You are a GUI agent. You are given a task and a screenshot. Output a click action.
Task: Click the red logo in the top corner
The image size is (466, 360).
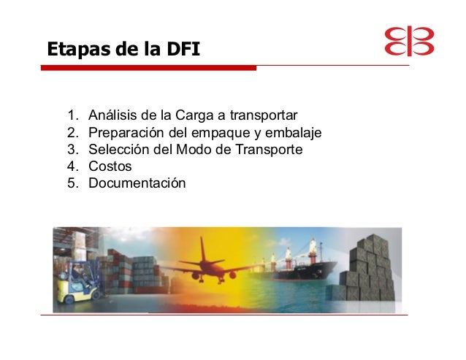409,41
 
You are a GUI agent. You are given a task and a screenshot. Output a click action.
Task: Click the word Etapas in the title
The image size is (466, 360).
80,50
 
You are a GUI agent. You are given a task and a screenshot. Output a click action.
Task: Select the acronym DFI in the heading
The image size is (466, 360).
183,49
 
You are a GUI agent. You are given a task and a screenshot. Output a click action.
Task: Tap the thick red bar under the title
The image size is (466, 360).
148,68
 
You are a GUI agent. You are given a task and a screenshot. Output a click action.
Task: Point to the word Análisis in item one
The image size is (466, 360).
112,115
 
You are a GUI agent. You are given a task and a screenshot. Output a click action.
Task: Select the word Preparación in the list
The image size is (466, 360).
126,133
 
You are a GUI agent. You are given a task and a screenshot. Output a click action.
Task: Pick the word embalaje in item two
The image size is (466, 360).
293,132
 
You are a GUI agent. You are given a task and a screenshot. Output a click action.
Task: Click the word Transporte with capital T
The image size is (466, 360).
269,150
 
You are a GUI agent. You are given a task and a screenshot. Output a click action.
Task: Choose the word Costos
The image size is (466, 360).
110,166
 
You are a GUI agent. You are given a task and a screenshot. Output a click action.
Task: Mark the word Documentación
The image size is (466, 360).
137,183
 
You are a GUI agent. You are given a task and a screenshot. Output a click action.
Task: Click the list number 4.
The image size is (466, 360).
72,166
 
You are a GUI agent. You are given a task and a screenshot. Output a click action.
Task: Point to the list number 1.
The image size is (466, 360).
72,115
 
